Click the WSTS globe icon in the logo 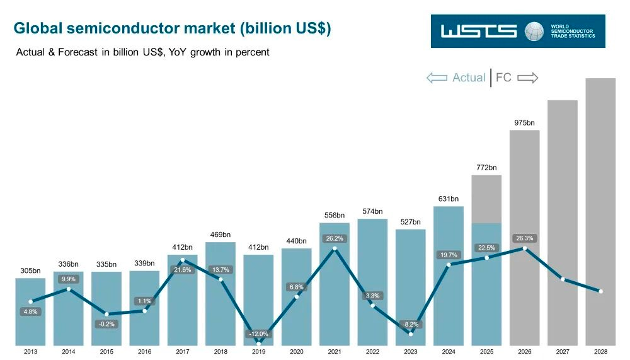point(534,32)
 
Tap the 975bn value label point(524,123)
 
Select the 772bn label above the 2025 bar point(486,167)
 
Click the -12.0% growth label point(258,334)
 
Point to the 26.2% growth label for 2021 point(335,238)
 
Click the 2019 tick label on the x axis point(258,352)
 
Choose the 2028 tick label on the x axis point(600,352)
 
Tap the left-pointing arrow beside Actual point(437,78)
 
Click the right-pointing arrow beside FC point(527,78)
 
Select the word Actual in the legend point(469,77)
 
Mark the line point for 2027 point(563,279)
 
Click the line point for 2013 point(30,301)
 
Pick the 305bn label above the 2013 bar point(30,270)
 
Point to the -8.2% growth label point(411,324)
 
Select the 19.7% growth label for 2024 point(449,255)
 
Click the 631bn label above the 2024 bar point(449,199)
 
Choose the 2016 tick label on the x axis point(145,352)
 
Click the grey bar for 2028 point(600,212)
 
